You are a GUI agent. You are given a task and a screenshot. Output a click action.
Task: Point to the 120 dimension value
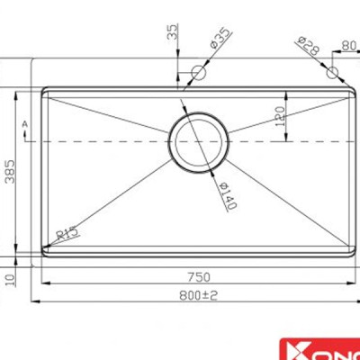(279, 115)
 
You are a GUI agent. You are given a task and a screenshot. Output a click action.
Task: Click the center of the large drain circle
(198, 141)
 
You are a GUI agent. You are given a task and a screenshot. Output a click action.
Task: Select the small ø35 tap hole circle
(199, 70)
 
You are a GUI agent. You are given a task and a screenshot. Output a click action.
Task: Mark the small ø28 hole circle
(332, 70)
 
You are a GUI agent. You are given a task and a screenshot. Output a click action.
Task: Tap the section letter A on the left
(26, 121)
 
